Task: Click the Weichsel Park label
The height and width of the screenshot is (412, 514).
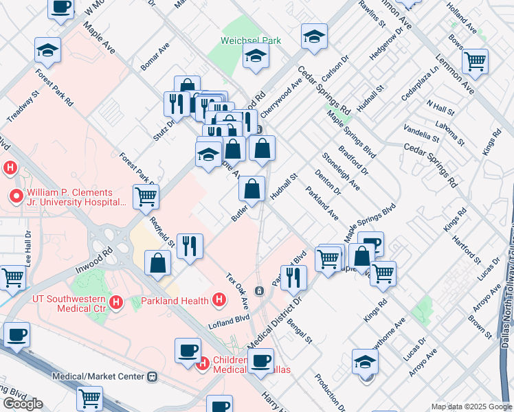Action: pyautogui.click(x=251, y=41)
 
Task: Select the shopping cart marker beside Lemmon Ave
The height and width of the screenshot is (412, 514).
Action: pyautogui.click(x=475, y=62)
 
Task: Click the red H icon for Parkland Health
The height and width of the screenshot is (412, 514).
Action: pyautogui.click(x=219, y=300)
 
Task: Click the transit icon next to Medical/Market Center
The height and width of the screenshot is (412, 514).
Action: pyautogui.click(x=152, y=376)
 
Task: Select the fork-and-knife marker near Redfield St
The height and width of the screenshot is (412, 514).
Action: pyautogui.click(x=190, y=246)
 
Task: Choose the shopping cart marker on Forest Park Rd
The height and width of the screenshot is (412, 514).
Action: pyautogui.click(x=146, y=196)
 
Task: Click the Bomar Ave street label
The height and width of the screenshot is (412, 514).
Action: pyautogui.click(x=155, y=59)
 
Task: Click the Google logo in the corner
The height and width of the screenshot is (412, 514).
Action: pyautogui.click(x=23, y=404)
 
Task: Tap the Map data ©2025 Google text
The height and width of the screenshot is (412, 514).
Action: pyautogui.click(x=471, y=407)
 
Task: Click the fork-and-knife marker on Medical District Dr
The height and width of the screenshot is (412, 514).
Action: pyautogui.click(x=293, y=277)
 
